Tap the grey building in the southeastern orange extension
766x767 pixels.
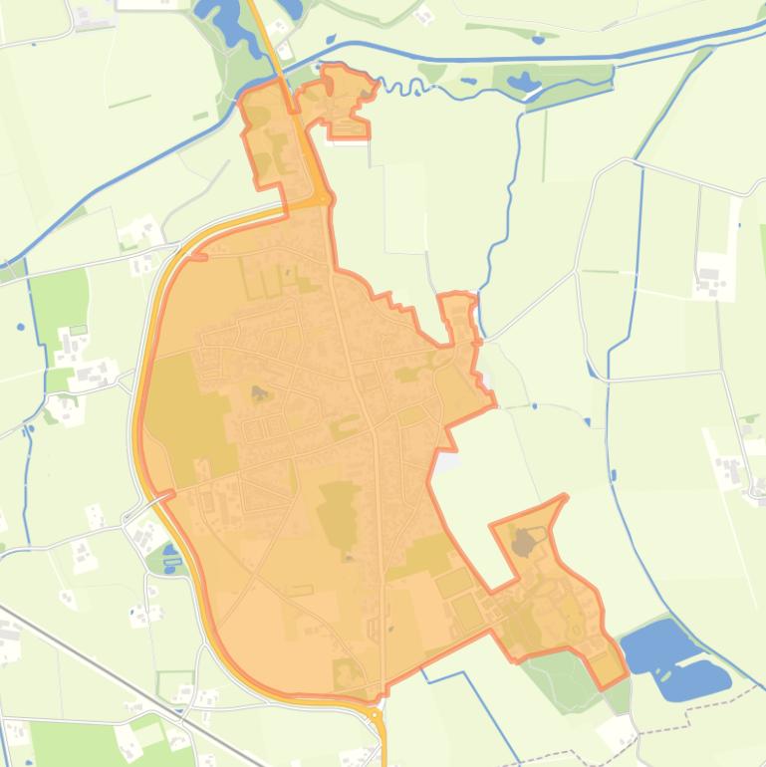[524, 543]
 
